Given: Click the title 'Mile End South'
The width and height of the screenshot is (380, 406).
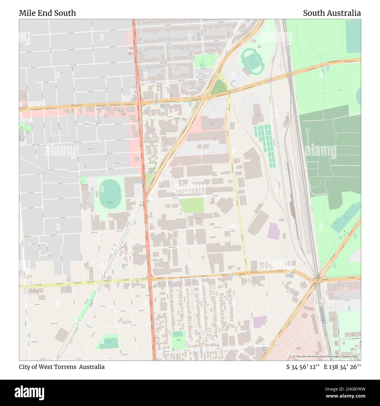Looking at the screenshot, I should point(47,13).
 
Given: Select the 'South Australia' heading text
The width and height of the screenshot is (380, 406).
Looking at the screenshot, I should point(331,13).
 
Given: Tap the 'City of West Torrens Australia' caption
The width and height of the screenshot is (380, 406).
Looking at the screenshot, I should point(62,367).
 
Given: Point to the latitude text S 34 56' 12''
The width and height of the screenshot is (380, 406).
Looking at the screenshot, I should point(303,367).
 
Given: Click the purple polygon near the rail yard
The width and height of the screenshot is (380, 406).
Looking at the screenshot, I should point(274,231).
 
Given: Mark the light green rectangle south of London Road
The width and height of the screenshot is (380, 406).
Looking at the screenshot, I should point(192,205).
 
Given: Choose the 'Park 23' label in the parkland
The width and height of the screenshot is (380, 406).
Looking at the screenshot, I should point(333,90).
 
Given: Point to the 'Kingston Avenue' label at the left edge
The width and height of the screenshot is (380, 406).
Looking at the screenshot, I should point(25,236).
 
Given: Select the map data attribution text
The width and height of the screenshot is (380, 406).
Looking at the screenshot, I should point(327,356).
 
